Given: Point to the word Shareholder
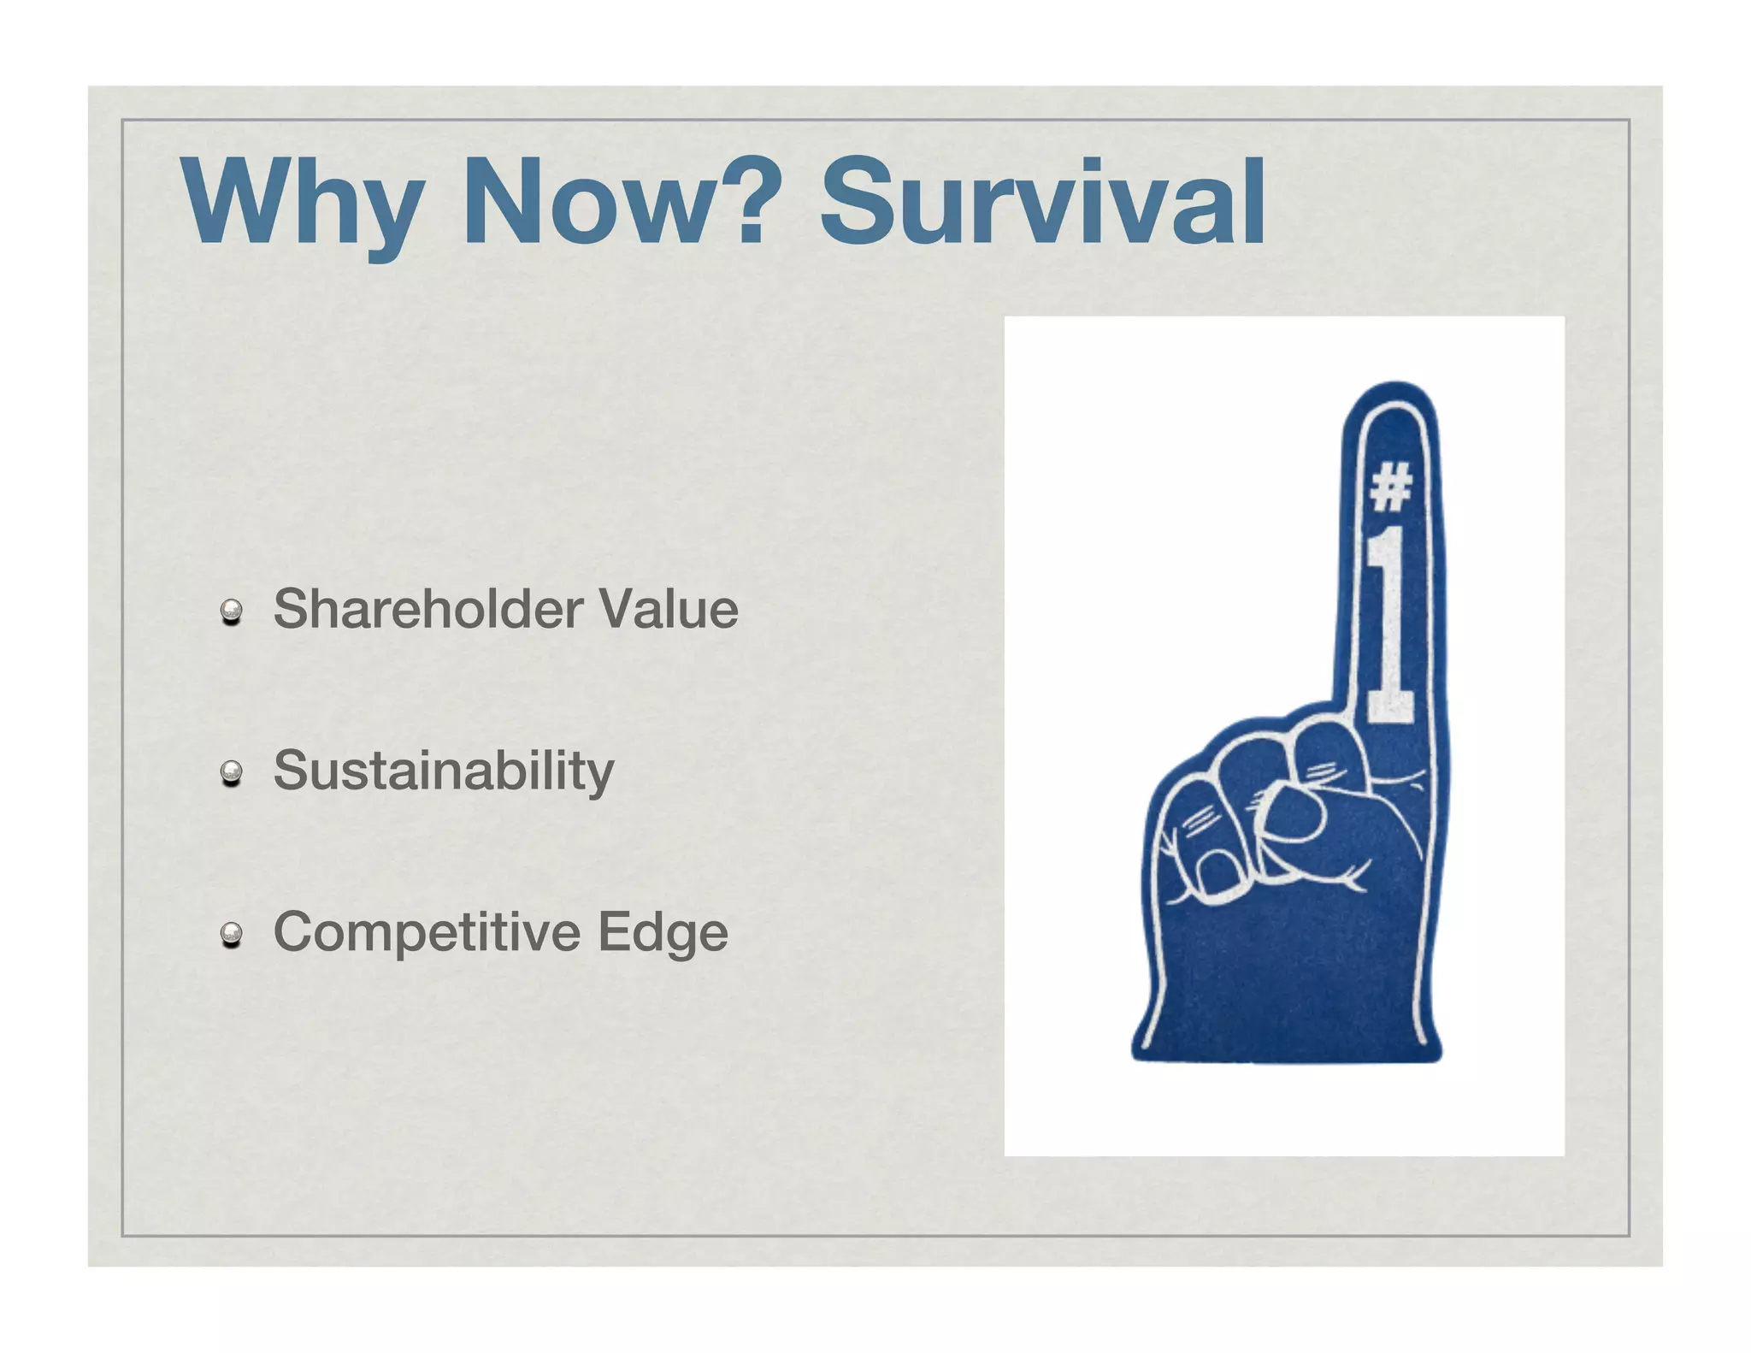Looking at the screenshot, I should pos(427,609).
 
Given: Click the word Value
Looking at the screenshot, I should pos(668,609).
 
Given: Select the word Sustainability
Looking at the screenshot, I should pos(443,771).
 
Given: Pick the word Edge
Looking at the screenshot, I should pos(663,932).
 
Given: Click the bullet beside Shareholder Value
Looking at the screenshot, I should pos(231,612).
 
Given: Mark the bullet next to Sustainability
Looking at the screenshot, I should pos(231,773).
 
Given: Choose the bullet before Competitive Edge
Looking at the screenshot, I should pos(231,935).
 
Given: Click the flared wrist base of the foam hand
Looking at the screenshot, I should pos(1287,1026).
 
